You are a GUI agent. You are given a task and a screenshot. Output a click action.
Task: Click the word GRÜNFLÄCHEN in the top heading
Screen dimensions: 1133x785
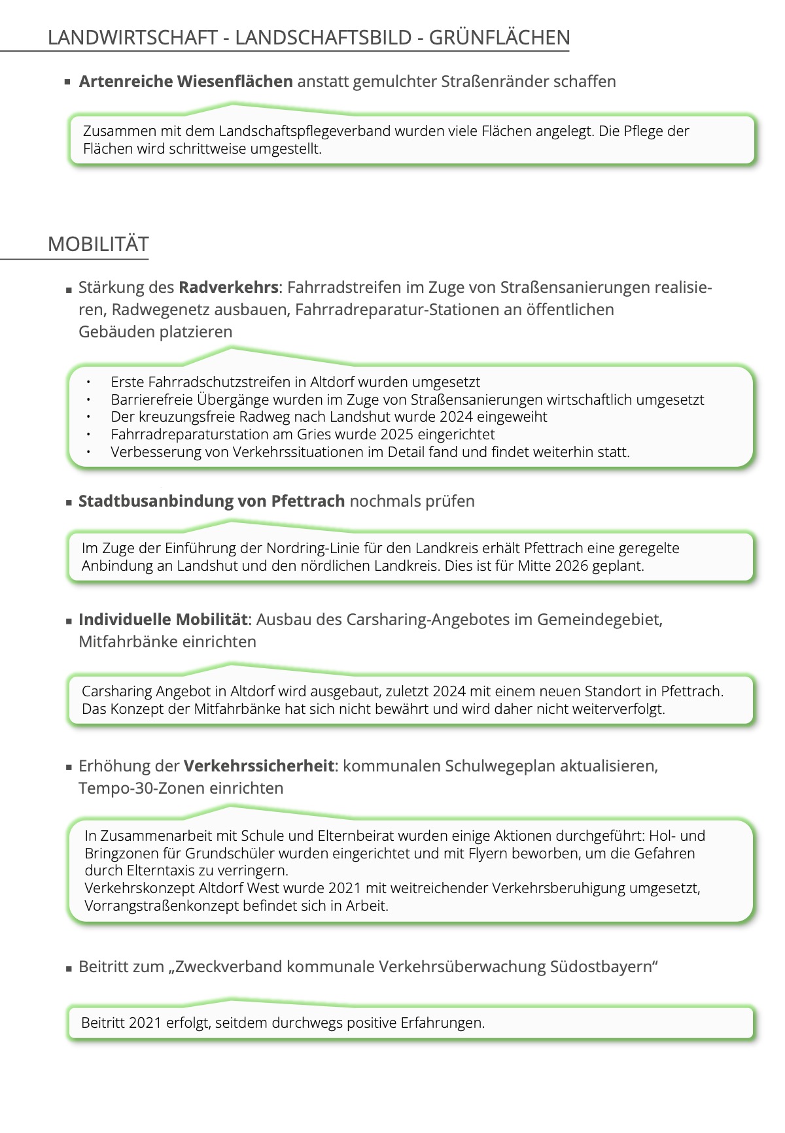[499, 37]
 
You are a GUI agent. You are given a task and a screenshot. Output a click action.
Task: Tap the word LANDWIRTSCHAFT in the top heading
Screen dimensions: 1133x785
[132, 37]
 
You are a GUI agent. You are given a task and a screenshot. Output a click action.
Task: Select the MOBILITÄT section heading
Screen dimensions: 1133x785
[98, 244]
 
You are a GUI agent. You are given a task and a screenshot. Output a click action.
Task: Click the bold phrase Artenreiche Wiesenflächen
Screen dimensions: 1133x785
[186, 82]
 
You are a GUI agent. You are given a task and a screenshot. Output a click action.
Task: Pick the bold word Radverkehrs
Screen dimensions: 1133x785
[228, 287]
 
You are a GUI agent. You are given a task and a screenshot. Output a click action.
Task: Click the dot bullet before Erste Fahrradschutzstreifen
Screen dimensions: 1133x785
[88, 382]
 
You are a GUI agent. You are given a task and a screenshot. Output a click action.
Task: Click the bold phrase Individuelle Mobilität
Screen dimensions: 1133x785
[163, 619]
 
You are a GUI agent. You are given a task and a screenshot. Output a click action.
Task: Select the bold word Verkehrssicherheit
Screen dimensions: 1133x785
[258, 766]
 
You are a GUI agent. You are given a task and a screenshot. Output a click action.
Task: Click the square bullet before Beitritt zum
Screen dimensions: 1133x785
[69, 968]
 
